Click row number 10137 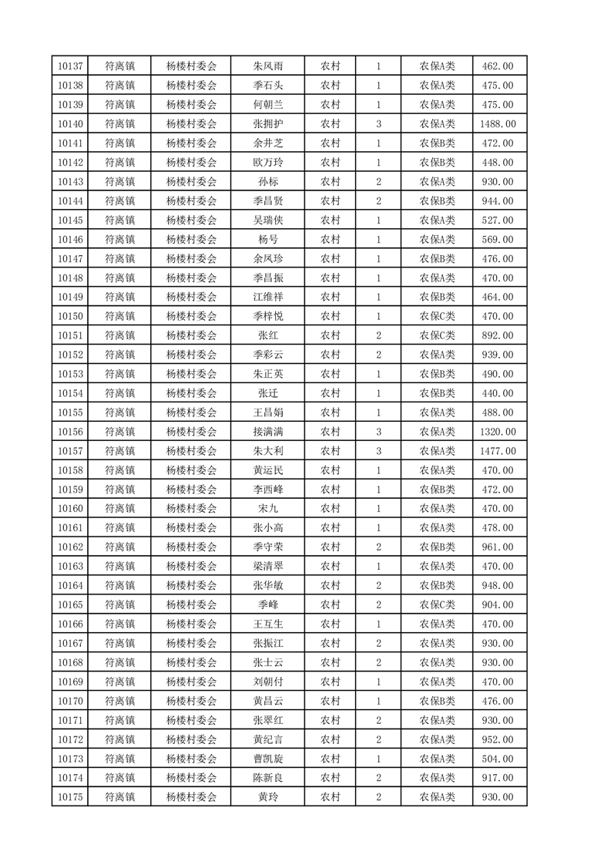tap(70, 66)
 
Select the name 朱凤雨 tap(267, 66)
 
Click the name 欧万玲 tap(267, 163)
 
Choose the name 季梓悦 tap(267, 316)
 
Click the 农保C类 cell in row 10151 tap(437, 335)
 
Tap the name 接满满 tap(267, 432)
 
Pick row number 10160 tap(70, 509)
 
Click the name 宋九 tap(267, 509)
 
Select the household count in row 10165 tap(378, 605)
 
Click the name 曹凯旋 tap(267, 759)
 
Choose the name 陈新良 tap(267, 778)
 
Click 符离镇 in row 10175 tap(119, 797)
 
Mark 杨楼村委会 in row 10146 tap(192, 240)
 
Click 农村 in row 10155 tap(331, 412)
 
